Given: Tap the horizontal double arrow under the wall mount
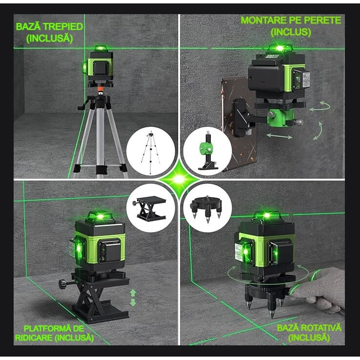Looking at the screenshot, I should (x=280, y=135).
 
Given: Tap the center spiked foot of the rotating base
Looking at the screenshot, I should (x=272, y=310).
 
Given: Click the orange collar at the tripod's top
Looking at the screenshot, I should (x=100, y=90).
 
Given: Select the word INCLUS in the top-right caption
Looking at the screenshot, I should (x=291, y=32).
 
